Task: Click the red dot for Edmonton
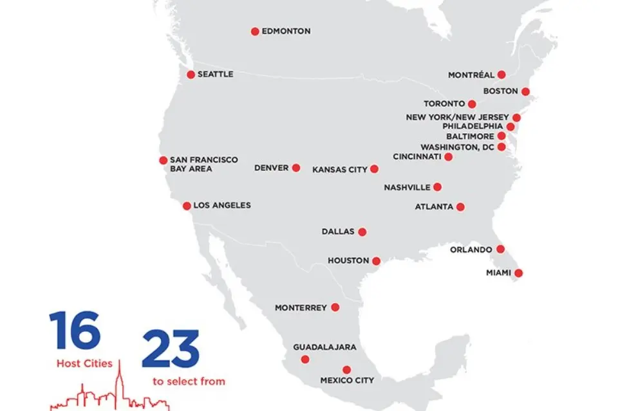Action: tap(255, 32)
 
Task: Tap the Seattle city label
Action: tap(215, 75)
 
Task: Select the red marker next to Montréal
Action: tap(502, 75)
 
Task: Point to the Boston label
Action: tap(500, 91)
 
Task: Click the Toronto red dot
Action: tap(472, 104)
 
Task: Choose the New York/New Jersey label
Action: tap(457, 118)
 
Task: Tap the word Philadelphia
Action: tap(473, 127)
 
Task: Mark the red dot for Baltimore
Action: tap(502, 136)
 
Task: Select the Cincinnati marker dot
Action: tap(448, 157)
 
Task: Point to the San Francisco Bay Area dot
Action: tap(163, 160)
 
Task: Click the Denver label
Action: tap(271, 168)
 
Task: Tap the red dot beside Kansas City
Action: tap(374, 169)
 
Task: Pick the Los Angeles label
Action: tap(222, 206)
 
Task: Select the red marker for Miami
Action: tap(518, 273)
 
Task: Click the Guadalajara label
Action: tap(324, 347)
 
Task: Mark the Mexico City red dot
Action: tap(346, 370)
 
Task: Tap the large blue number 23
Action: tap(171, 349)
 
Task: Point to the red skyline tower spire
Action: tap(118, 379)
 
